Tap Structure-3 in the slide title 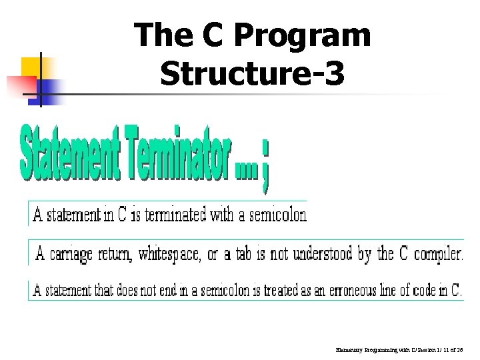coord(253,73)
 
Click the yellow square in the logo coord(33,67)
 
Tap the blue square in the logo coord(51,87)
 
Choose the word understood coord(316,254)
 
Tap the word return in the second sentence coord(116,254)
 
